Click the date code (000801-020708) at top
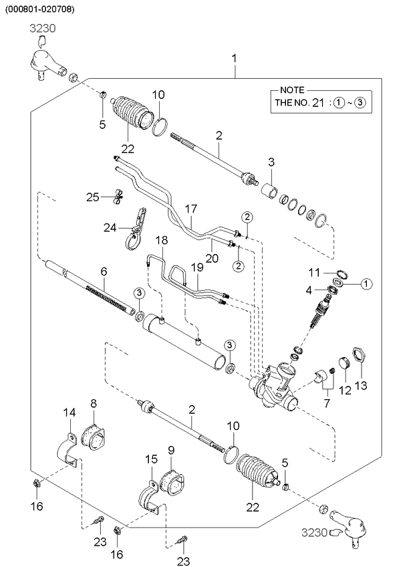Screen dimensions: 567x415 click(x=40, y=9)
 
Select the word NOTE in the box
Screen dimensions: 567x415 click(x=292, y=90)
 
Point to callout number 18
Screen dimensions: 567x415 click(x=162, y=239)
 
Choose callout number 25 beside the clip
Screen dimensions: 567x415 click(x=93, y=197)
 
